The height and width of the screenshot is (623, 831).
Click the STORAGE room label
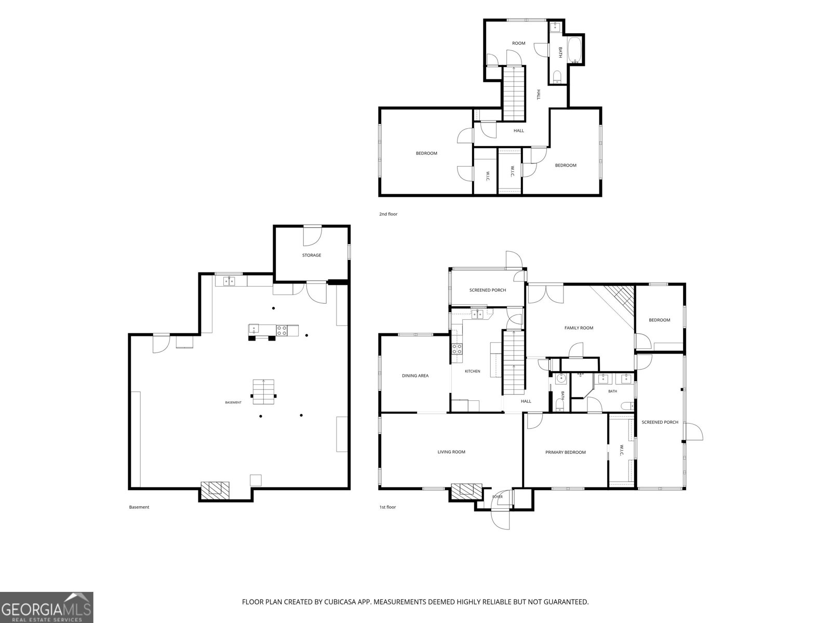(311, 255)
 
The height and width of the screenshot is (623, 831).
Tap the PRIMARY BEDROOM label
(565, 452)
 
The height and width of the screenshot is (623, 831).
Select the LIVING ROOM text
(451, 452)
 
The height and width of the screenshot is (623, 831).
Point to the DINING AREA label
(415, 375)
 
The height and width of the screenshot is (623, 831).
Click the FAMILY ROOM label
(579, 328)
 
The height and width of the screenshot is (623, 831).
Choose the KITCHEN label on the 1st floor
(472, 371)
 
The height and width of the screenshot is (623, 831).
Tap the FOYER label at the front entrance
(498, 497)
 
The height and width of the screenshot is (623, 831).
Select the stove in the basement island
(282, 330)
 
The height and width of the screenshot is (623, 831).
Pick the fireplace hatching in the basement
(215, 490)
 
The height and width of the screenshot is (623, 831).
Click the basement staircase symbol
(263, 391)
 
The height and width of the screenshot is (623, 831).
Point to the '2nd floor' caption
(388, 214)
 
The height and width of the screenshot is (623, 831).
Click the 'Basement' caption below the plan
(139, 507)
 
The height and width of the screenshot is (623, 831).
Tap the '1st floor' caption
(387, 507)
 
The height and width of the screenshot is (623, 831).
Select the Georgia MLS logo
(47, 607)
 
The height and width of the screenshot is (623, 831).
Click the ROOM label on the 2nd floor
(518, 43)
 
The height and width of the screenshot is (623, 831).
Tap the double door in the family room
(545, 294)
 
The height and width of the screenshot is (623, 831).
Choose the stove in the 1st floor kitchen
(457, 349)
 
